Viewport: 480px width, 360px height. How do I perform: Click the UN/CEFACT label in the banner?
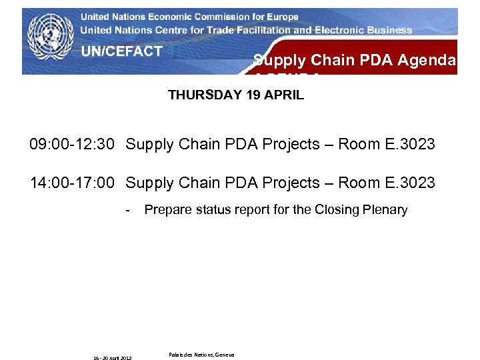[x=121, y=51]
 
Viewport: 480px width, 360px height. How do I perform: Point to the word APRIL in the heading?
[x=283, y=95]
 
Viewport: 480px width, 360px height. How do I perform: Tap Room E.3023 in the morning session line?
[x=387, y=145]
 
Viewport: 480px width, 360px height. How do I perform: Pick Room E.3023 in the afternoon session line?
[x=387, y=183]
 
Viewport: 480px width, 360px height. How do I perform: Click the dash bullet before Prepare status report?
[x=128, y=210]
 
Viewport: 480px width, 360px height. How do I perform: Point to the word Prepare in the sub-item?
[x=166, y=210]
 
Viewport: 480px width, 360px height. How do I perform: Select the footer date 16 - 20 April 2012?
[x=112, y=358]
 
